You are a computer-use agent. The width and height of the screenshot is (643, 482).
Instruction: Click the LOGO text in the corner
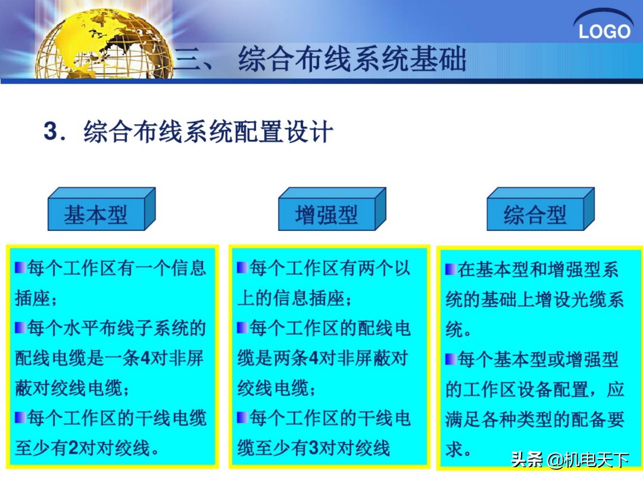[604, 32]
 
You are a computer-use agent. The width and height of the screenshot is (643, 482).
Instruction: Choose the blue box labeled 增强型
[326, 214]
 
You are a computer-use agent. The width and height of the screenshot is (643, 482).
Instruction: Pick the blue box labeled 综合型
[535, 214]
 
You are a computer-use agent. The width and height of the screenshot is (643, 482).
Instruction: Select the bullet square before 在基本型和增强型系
[451, 269]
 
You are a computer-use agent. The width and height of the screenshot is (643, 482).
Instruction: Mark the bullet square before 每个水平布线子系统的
[20, 328]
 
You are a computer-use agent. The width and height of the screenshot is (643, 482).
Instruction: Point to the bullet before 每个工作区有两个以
[242, 267]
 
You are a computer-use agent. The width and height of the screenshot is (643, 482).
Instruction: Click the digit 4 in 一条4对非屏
[146, 358]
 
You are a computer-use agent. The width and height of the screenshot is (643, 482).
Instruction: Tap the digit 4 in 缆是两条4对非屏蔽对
[314, 358]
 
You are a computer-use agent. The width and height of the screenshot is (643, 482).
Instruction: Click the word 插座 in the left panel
[32, 298]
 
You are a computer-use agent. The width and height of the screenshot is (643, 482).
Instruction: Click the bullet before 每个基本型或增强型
[451, 359]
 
